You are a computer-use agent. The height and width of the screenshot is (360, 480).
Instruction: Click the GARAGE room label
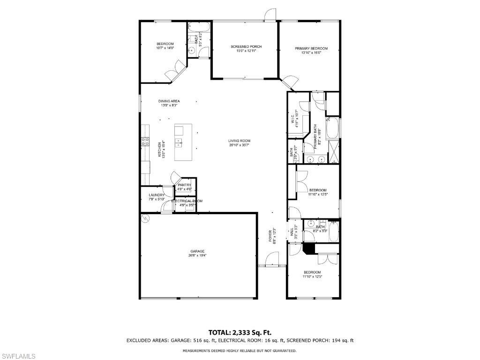pyautogui.click(x=197, y=251)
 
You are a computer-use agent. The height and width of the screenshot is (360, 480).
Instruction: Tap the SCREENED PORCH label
pyautogui.click(x=246, y=46)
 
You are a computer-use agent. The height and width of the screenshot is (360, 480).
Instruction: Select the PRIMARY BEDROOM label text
pyautogui.click(x=311, y=48)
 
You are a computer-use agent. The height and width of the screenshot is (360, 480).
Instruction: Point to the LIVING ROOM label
pyautogui.click(x=240, y=141)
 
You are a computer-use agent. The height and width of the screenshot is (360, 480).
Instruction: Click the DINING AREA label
pyautogui.click(x=169, y=101)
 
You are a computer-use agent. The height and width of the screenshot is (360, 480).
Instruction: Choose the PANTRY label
pyautogui.click(x=184, y=185)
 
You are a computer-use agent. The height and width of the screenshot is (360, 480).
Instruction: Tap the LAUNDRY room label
pyautogui.click(x=157, y=195)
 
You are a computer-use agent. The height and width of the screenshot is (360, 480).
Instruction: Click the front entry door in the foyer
pyautogui.click(x=271, y=259)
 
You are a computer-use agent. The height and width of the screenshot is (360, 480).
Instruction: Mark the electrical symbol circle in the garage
pyautogui.click(x=145, y=218)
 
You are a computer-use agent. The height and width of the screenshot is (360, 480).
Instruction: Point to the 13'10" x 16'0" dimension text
pyautogui.click(x=311, y=53)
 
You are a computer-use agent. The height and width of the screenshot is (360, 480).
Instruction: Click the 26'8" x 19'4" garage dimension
pyautogui.click(x=197, y=255)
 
